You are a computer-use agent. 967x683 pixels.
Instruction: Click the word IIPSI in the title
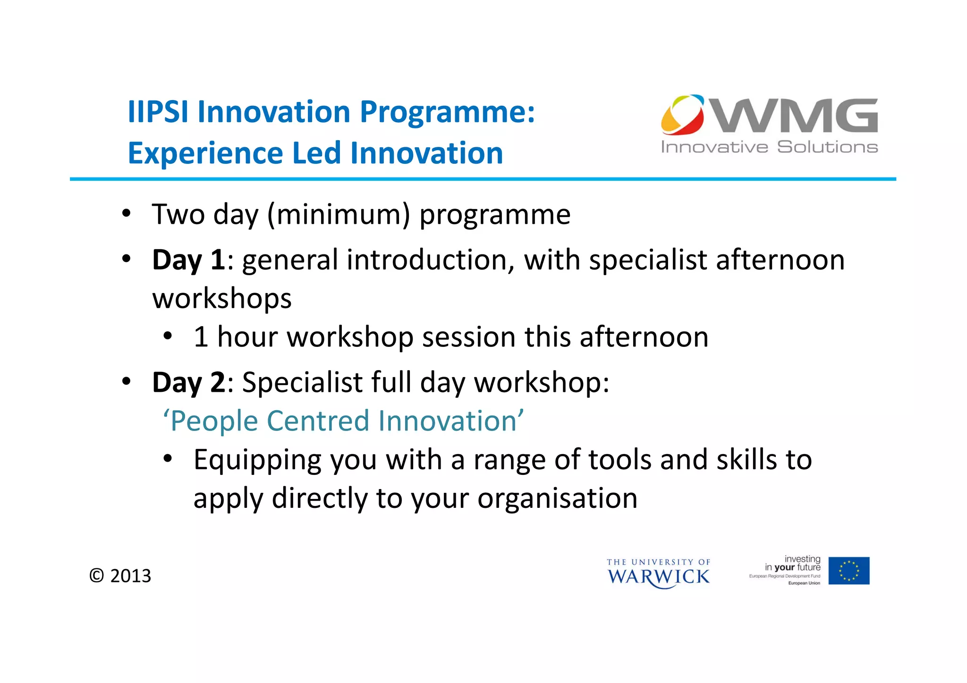[x=158, y=112]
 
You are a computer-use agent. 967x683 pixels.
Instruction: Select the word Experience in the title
[x=205, y=153]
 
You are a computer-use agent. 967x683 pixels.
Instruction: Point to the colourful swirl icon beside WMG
[x=682, y=115]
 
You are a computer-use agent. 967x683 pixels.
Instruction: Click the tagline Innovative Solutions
[x=769, y=147]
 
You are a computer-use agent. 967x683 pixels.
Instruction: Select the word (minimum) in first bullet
[x=339, y=214]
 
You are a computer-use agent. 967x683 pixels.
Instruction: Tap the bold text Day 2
[x=188, y=382]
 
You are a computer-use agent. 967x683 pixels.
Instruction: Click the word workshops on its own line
[x=222, y=298]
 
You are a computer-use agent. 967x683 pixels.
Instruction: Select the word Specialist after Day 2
[x=302, y=382]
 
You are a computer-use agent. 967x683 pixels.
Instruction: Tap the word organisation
[x=557, y=498]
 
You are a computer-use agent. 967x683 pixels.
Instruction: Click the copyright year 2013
[x=130, y=576]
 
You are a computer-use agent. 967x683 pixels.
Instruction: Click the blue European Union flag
[x=848, y=571]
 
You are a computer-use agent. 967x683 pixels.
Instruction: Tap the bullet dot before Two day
[x=126, y=213]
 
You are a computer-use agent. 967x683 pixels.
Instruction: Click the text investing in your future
[x=793, y=563]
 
